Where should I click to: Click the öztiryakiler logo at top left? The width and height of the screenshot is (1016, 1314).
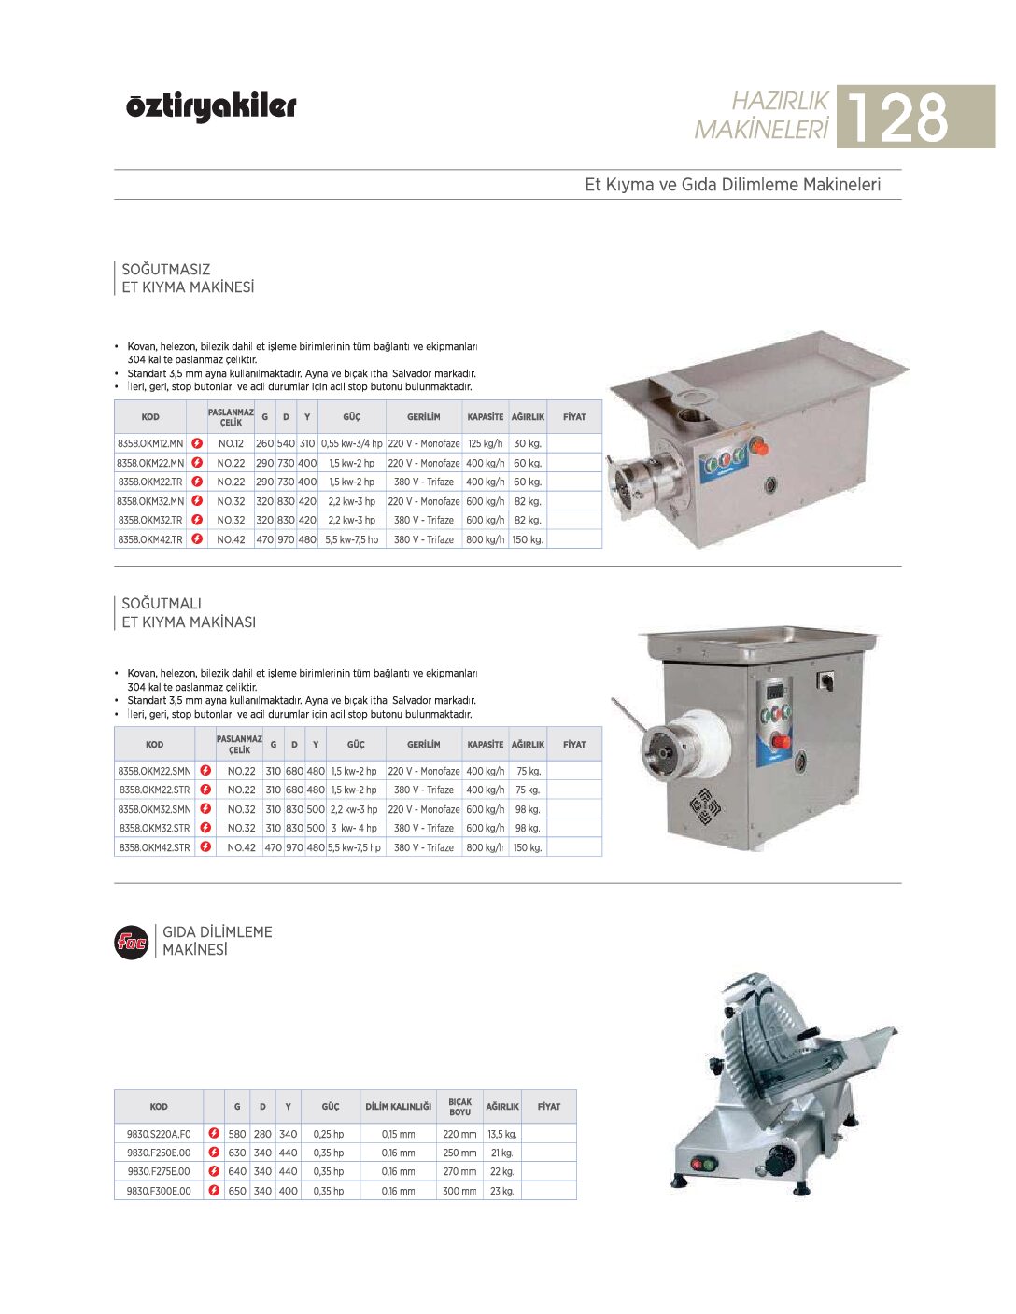[x=211, y=107]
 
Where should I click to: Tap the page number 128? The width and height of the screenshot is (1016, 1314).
[x=897, y=118]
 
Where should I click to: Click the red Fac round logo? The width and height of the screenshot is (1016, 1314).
[x=132, y=942]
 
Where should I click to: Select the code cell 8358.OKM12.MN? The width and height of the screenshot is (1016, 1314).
[x=150, y=444]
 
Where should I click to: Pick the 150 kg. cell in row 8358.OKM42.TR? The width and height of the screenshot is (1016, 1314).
[x=528, y=540]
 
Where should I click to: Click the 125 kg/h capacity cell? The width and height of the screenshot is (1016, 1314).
[x=485, y=444]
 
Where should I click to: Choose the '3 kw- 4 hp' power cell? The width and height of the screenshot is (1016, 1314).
[x=354, y=829]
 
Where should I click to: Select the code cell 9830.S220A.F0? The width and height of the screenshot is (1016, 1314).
[x=159, y=1135]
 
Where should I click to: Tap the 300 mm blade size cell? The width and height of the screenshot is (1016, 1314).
[x=459, y=1192]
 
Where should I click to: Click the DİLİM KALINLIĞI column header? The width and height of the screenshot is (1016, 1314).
[x=398, y=1107]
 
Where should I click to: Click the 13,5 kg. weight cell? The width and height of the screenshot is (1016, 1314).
[x=502, y=1135]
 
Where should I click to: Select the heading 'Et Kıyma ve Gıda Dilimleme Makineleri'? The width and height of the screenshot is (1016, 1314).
[x=732, y=185]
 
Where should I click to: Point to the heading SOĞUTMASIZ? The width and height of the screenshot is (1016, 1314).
[x=166, y=270]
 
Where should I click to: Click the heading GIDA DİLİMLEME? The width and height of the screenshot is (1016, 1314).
[x=218, y=932]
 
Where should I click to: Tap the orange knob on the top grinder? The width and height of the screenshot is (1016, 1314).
[x=760, y=447]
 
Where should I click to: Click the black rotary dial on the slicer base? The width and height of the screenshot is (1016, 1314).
[x=775, y=1164]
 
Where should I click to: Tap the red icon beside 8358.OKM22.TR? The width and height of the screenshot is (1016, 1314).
[x=197, y=482]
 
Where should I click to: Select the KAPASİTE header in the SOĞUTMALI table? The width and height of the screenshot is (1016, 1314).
[x=485, y=745]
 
